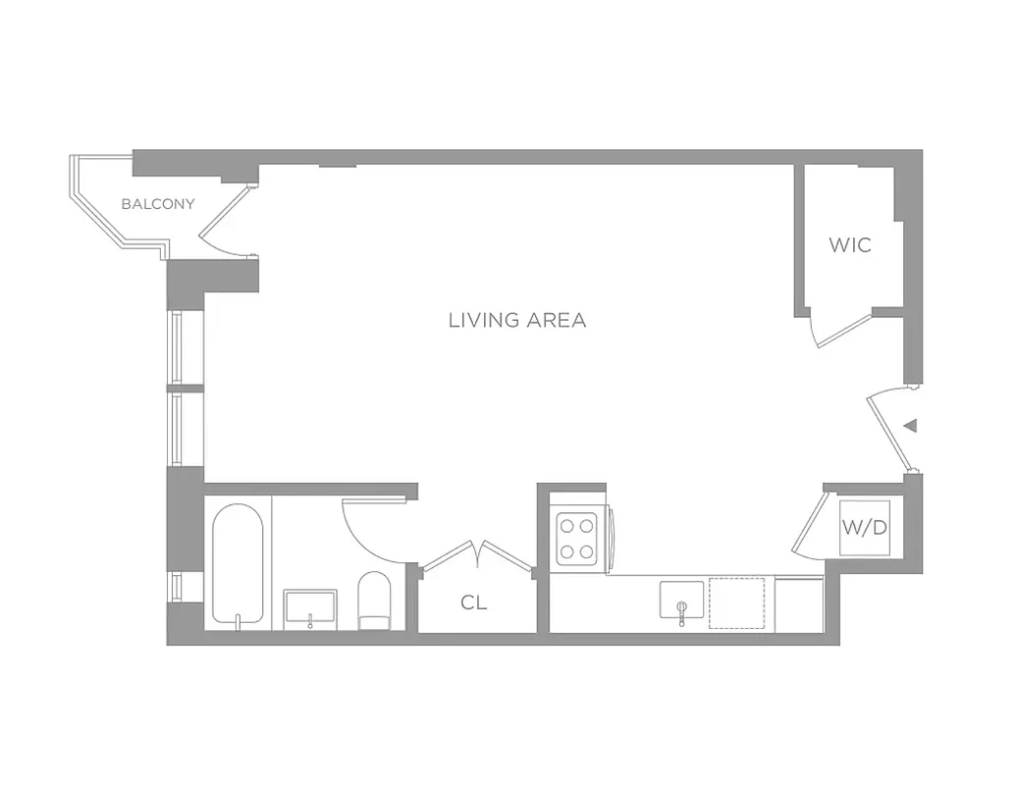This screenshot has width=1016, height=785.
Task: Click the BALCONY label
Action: (157, 204)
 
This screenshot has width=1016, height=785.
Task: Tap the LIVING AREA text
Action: (516, 320)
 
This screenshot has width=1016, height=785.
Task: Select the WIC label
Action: (849, 245)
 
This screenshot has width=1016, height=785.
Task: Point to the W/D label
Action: (864, 528)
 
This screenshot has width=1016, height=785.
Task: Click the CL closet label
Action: (473, 603)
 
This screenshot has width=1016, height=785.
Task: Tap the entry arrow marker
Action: (910, 426)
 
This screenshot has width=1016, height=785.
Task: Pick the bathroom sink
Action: (310, 608)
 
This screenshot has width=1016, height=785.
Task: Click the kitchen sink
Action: (681, 602)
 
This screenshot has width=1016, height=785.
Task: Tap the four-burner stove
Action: (579, 539)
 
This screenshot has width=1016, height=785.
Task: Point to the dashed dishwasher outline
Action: (736, 602)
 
